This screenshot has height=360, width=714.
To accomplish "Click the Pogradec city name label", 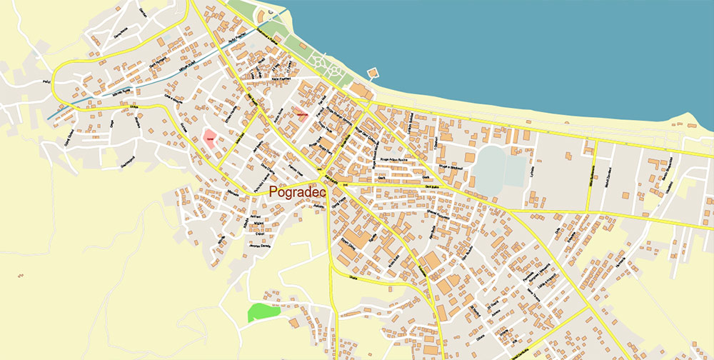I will (x=297, y=192).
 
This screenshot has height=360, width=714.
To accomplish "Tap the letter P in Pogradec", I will (x=274, y=192).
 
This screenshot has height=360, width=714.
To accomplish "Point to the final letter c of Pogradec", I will (x=322, y=192).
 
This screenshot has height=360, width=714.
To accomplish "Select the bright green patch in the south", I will (x=259, y=312).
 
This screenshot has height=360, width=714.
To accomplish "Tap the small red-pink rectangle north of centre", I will (x=301, y=114).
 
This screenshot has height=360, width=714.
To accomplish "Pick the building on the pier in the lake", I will (x=372, y=74).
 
